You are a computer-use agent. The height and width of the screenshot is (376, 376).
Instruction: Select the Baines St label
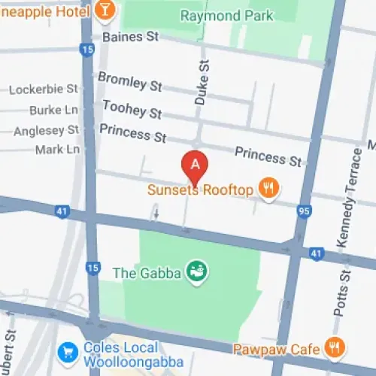(131, 36)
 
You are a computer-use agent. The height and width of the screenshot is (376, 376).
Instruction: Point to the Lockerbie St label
(44, 89)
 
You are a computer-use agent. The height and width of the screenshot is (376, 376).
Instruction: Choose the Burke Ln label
(53, 110)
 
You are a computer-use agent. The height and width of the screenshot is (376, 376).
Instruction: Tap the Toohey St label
(132, 110)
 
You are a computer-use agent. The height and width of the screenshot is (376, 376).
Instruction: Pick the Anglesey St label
(46, 130)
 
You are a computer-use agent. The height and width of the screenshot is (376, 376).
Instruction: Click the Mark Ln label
(57, 149)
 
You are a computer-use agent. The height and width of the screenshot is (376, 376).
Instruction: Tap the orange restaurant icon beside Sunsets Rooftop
(268, 189)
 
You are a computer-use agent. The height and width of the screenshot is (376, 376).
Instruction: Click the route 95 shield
(305, 211)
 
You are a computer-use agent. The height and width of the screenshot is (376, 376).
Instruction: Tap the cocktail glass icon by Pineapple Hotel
(105, 10)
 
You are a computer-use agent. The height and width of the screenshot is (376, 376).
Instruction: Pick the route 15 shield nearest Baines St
(87, 50)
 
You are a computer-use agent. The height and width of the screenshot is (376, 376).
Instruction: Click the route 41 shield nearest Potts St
(317, 253)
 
